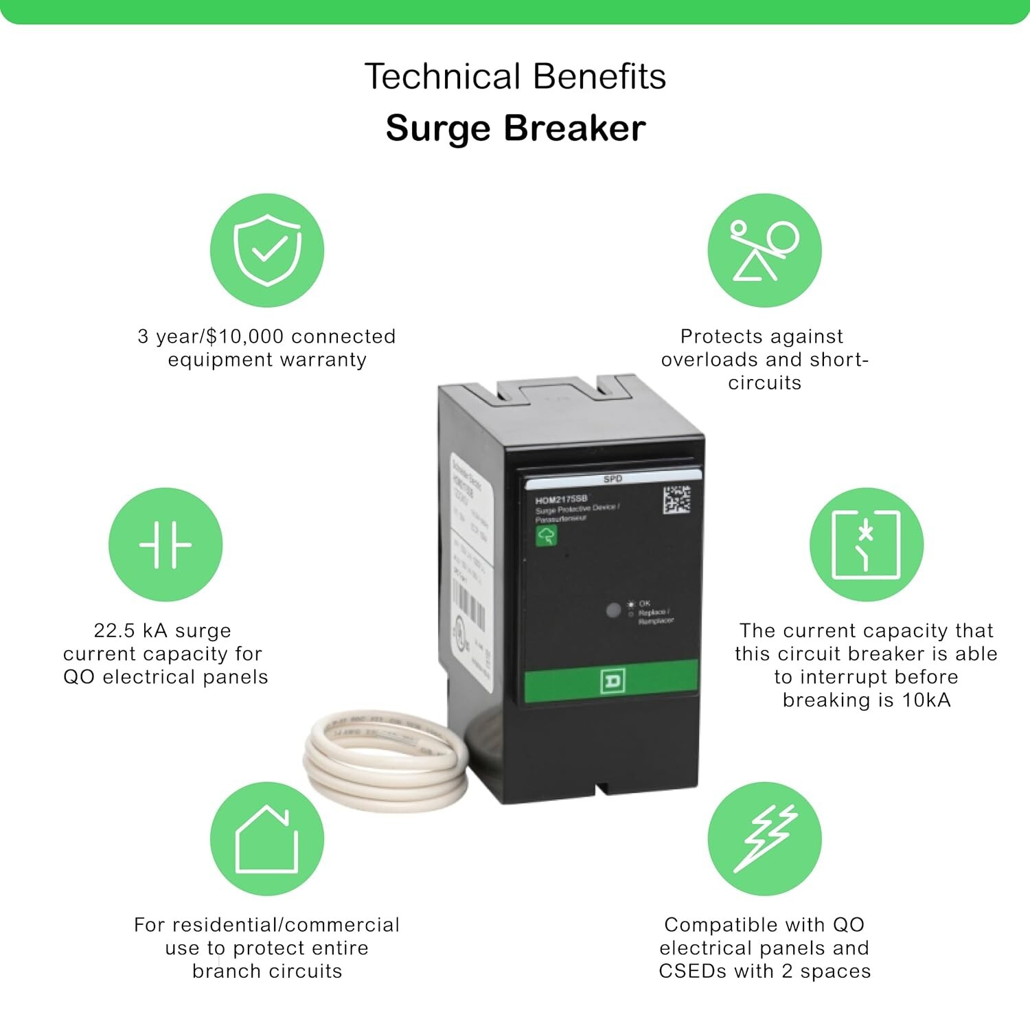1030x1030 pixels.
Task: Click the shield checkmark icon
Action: tap(267, 250)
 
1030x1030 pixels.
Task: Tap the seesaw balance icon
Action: tap(764, 250)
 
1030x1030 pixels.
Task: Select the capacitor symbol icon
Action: tap(165, 545)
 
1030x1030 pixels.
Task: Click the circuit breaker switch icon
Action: tap(866, 545)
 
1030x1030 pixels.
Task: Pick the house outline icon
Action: tap(267, 838)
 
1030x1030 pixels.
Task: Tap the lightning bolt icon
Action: tap(764, 838)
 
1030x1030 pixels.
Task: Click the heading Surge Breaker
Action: tap(515, 128)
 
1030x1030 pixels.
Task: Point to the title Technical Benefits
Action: tap(515, 76)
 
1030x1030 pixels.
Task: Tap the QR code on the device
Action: tap(676, 499)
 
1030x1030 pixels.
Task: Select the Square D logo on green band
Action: tap(613, 680)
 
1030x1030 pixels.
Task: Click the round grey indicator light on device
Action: tap(613, 610)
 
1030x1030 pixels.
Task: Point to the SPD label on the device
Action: tap(612, 479)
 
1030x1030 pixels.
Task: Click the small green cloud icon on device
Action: tap(547, 536)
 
